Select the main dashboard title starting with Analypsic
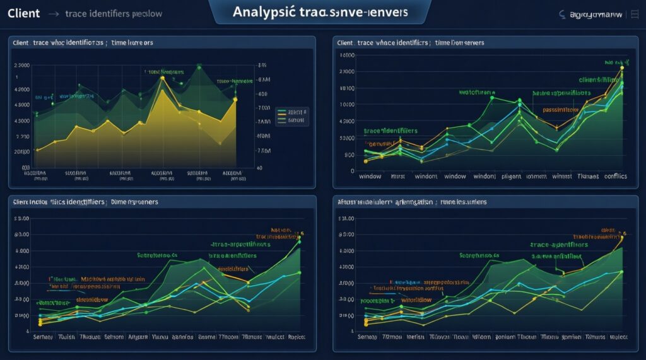[x=319, y=12]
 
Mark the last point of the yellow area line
[x=235, y=99]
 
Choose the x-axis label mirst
[x=398, y=177]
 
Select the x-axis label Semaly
[x=43, y=337]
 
